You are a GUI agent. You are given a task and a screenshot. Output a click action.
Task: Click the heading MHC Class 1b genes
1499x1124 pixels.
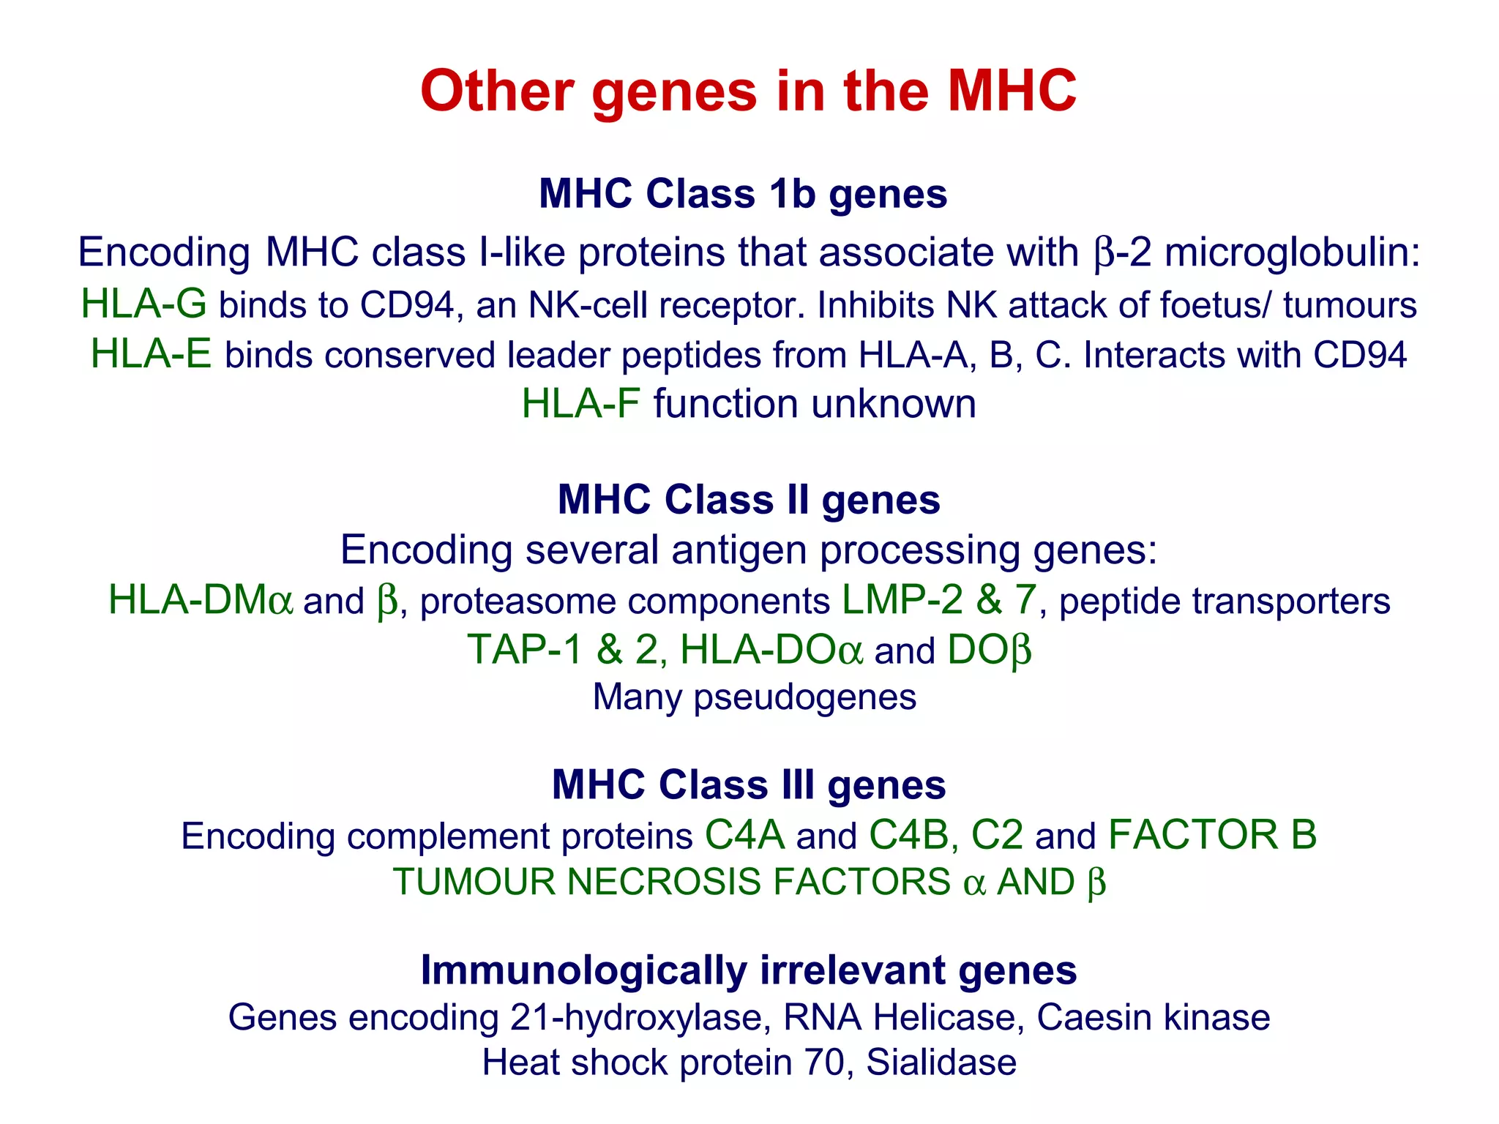coord(743,194)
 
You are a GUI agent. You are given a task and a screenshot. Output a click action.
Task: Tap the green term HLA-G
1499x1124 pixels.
coord(143,304)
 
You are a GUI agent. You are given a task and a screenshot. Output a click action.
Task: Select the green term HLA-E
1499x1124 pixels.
coord(151,354)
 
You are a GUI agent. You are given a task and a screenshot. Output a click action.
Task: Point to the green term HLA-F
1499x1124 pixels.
coord(580,404)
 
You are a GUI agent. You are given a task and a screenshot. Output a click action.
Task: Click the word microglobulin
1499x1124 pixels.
coord(1292,252)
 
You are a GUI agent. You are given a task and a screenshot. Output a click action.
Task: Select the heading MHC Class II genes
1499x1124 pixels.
coord(748,500)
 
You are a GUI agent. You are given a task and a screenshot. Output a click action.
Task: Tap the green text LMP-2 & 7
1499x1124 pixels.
coord(939,600)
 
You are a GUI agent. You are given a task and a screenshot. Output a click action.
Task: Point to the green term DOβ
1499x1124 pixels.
coord(989,650)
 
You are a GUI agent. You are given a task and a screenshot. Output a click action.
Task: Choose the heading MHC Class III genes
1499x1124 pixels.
coord(748,784)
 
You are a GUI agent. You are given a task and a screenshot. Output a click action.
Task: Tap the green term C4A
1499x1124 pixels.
coord(744,835)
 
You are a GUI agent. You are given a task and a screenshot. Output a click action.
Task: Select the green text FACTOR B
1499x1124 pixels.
coord(1212,835)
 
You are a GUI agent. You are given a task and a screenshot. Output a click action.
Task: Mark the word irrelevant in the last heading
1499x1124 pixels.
coord(852,970)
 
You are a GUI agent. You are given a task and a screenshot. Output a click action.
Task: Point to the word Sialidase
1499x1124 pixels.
coord(941,1063)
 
